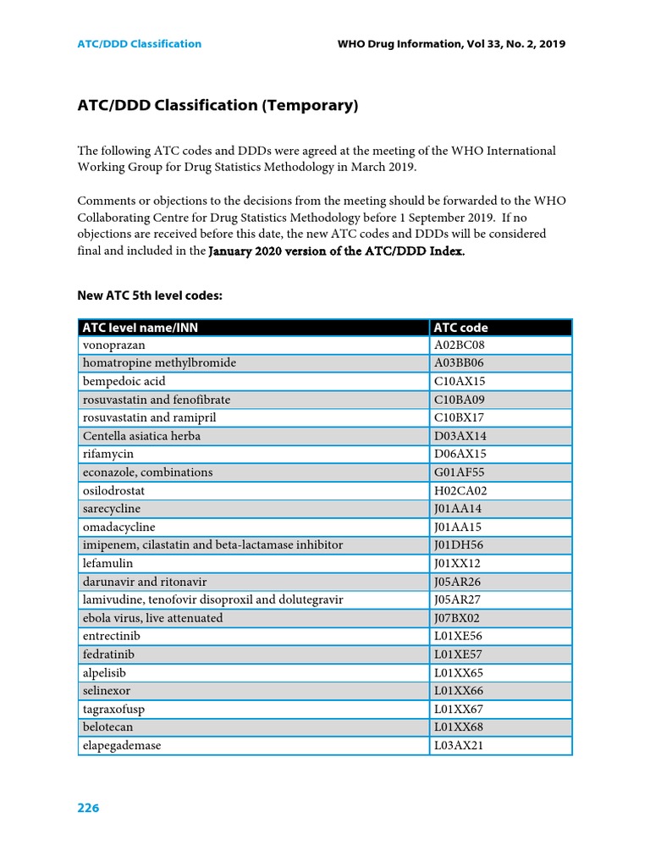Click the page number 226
pos(88,808)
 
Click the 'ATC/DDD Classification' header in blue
pos(140,44)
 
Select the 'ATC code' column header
pos(460,328)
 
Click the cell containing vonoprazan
pos(113,345)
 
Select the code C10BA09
pos(460,400)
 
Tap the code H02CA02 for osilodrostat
pos(460,491)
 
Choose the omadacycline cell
pos(118,527)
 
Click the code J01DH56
pos(460,545)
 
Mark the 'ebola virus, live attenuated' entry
pos(152,618)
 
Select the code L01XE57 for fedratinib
pos(459,654)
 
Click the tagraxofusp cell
pos(113,709)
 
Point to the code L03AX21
pos(459,746)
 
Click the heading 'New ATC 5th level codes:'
pos(150,295)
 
